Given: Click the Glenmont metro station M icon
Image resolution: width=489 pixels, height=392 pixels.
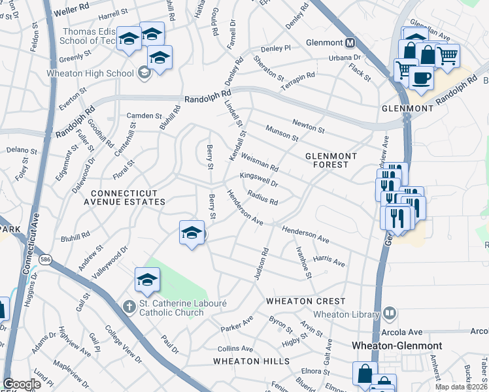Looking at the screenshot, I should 350,44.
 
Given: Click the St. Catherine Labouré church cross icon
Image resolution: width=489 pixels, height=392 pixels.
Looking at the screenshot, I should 130,306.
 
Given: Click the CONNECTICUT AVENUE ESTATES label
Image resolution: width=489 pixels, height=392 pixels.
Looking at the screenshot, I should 127,198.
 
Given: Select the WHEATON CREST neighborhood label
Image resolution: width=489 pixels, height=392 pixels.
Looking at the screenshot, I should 305,301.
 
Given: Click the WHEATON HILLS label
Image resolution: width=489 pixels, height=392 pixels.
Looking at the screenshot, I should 250,361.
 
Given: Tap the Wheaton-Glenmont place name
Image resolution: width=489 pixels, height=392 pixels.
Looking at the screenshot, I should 406,346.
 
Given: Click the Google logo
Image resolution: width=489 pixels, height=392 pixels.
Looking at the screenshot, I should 22,384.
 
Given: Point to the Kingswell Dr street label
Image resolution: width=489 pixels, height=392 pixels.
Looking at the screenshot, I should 259,180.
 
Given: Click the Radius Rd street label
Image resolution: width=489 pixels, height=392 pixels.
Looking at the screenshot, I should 263,197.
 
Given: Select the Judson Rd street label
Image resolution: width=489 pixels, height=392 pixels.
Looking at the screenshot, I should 261,265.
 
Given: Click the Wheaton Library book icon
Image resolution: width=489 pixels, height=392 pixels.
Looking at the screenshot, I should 391,314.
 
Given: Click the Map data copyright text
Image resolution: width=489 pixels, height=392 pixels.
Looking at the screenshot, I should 462,387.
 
